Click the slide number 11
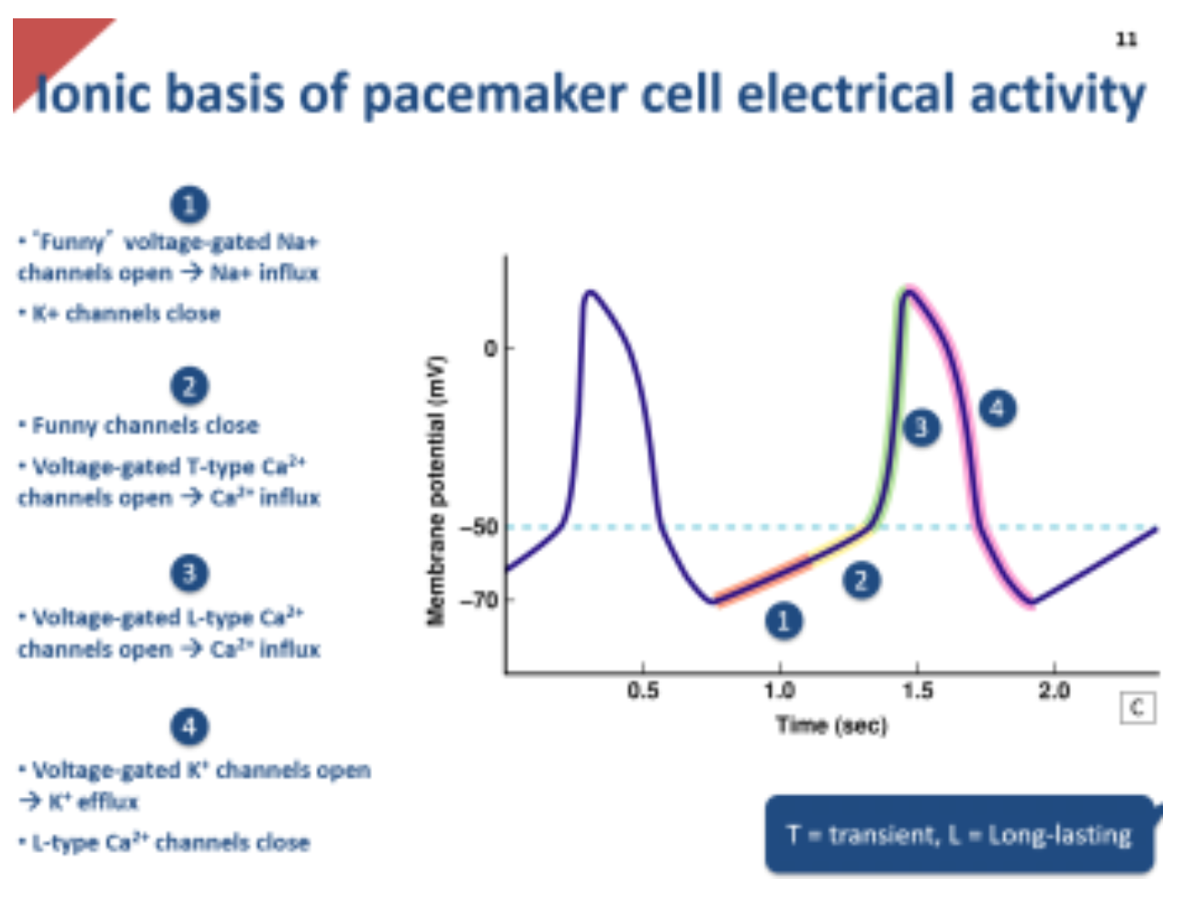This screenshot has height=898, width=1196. coord(1126,39)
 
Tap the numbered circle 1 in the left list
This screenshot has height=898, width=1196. coord(189,204)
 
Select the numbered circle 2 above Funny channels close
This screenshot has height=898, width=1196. coord(189,387)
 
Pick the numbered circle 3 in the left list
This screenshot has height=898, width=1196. coord(189,574)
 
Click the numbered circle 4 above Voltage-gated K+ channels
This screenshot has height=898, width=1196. coord(189,727)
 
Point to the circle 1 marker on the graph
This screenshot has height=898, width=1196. coord(784,622)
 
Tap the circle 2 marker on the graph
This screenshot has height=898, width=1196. coord(861,580)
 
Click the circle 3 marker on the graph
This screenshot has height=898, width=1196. coord(921,427)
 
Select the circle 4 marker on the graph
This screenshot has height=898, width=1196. coord(998,408)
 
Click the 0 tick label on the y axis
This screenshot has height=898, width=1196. coord(490,348)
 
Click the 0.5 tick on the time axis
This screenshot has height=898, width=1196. coord(643,690)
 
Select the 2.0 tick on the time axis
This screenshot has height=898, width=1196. coord(1054,690)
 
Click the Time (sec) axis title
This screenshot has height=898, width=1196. coord(831,725)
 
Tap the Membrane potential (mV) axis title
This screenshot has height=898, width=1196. coord(436,491)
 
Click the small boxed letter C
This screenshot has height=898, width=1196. coord(1137,708)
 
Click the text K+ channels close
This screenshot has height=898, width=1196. coord(126,314)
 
